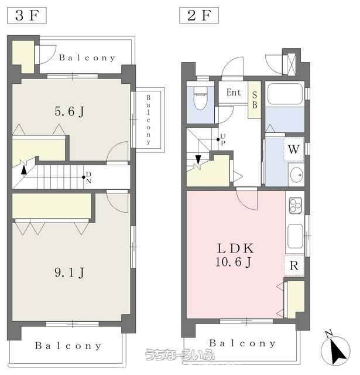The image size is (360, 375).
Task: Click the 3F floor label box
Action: pyautogui.click(x=27, y=16)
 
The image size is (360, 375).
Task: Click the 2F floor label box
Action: pyautogui.click(x=199, y=16)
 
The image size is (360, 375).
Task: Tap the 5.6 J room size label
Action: pyautogui.click(x=69, y=111)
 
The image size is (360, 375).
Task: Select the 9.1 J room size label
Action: pyautogui.click(x=69, y=272)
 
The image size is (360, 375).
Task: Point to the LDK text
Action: pyautogui.click(x=235, y=248)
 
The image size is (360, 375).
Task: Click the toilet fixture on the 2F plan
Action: pyautogui.click(x=200, y=98)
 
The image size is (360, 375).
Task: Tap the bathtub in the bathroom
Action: pyautogui.click(x=284, y=94)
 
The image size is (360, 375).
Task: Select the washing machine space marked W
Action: pyautogui.click(x=294, y=149)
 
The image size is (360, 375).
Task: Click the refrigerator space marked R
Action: pyautogui.click(x=294, y=265)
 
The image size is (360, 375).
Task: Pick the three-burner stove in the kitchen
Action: pyautogui.click(x=296, y=206)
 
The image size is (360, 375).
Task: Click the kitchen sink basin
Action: pyautogui.click(x=296, y=236)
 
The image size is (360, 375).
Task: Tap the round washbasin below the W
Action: pyautogui.click(x=296, y=175)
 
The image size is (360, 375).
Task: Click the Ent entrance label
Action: pyautogui.click(x=234, y=93)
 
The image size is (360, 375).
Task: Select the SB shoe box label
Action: pyautogui.click(x=255, y=100)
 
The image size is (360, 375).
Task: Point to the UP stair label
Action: pyautogui.click(x=223, y=139)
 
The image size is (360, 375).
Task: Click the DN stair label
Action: pyautogui.click(x=88, y=178)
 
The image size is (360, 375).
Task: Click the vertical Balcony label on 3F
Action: pyautogui.click(x=148, y=120)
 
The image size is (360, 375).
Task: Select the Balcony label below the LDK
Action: pyautogui.click(x=242, y=343)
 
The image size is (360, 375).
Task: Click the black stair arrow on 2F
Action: pyautogui.click(x=198, y=159)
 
